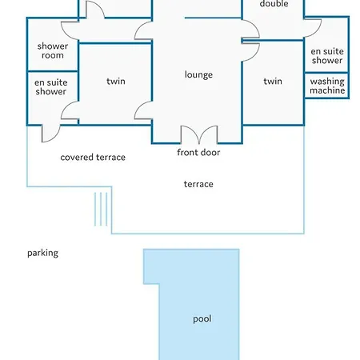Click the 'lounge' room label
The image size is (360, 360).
coord(198,74)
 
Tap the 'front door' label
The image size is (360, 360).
coord(198,152)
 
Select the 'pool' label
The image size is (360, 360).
coord(202,319)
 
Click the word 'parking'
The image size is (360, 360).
coord(42,253)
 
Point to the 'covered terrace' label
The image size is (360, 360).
coord(93,158)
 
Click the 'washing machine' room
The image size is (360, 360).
coord(327,86)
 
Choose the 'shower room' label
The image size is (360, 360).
coord(53,50)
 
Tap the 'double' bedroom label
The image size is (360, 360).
coord(274,4)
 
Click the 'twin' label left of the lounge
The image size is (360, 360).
coord(116,81)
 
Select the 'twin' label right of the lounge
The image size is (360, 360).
coord(273,81)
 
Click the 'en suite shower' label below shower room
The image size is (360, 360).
coord(50,87)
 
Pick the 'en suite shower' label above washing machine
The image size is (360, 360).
coord(327,56)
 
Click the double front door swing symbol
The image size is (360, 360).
coord(199,134)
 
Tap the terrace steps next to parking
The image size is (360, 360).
coord(101,209)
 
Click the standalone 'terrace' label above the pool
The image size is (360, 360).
coord(198,184)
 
